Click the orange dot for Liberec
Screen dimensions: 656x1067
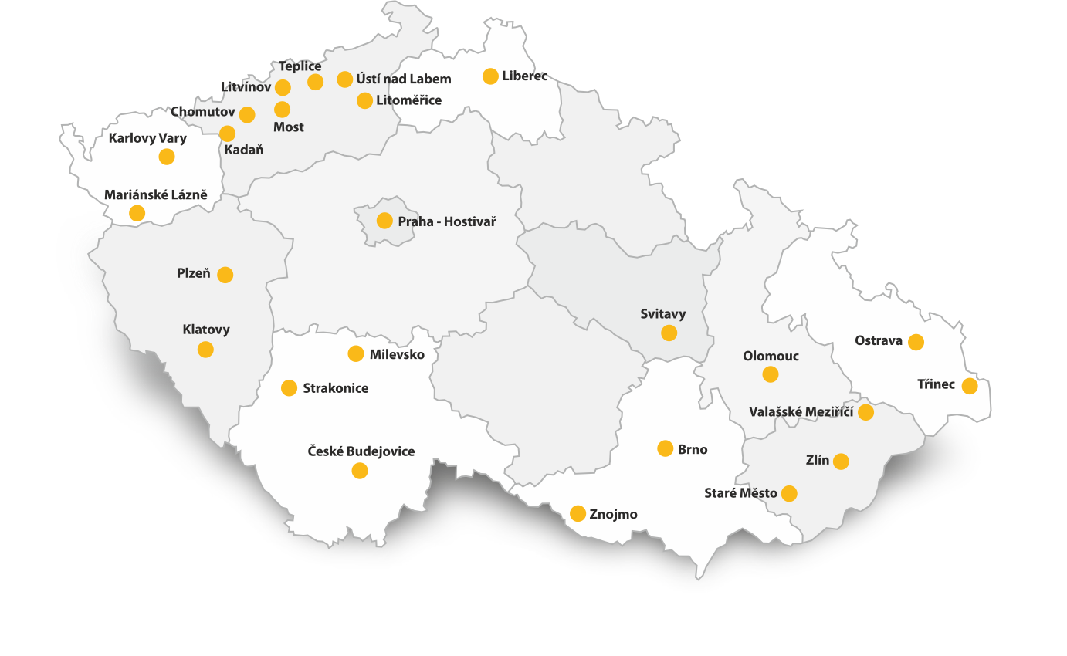pos(490,76)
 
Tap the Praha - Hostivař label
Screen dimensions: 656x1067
pos(446,221)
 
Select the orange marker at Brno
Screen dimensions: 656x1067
pos(665,448)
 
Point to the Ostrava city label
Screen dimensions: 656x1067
pos(879,340)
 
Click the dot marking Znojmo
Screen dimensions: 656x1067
pos(578,514)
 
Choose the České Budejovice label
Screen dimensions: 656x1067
pos(361,451)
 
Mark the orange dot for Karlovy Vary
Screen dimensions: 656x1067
pos(166,157)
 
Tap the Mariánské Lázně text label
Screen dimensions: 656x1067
pos(156,194)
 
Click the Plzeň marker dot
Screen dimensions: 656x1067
pos(225,275)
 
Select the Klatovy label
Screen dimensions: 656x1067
pos(206,330)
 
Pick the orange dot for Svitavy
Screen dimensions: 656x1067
pos(669,333)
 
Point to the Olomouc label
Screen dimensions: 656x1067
pos(771,356)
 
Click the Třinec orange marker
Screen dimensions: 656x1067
pos(970,386)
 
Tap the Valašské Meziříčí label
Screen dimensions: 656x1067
pos(801,412)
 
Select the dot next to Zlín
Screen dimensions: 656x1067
pos(841,462)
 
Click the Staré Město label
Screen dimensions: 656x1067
pos(740,493)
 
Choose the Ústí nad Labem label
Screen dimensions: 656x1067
pos(404,79)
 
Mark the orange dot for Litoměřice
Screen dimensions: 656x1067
pos(364,100)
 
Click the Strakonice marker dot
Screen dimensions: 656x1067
pos(289,388)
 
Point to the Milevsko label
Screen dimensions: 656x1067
pos(397,354)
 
